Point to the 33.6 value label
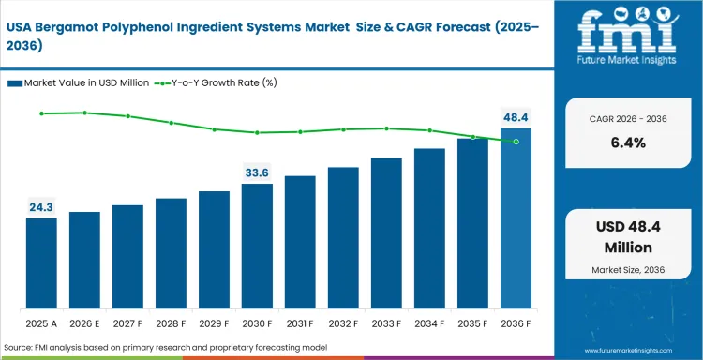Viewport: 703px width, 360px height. click(257, 172)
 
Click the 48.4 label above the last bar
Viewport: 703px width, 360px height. click(516, 118)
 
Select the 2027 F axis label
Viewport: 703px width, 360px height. click(127, 323)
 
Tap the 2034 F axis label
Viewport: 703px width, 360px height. click(429, 323)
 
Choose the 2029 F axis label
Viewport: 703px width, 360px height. click(214, 323)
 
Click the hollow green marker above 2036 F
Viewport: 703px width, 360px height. click(516, 142)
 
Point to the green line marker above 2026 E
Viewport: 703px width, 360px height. click(84, 112)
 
